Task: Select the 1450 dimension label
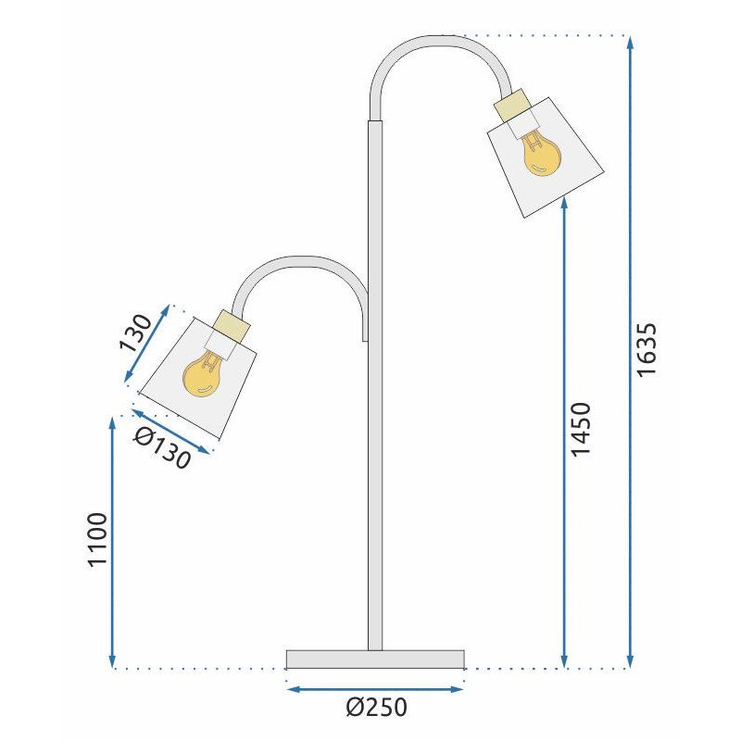[x=581, y=429]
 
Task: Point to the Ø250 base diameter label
[x=376, y=708]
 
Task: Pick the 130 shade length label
[x=135, y=335]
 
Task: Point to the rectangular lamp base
[x=375, y=659]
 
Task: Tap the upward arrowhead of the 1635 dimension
[x=631, y=43]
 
